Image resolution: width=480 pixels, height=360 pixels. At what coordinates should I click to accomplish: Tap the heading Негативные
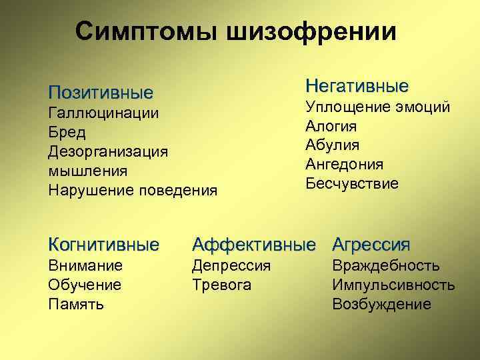click(x=357, y=87)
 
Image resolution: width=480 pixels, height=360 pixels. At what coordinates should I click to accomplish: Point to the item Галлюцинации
click(x=103, y=113)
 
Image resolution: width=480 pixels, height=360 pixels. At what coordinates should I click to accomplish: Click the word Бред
click(x=65, y=132)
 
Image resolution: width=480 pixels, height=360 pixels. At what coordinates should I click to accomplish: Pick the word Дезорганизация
click(x=108, y=151)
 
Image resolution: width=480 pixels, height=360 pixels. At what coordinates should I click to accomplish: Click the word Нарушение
click(x=91, y=190)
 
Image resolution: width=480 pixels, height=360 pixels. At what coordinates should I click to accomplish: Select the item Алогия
click(x=331, y=126)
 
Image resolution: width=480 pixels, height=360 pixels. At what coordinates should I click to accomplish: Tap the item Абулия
click(x=332, y=145)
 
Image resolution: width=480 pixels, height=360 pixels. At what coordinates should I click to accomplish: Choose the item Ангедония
click(x=344, y=164)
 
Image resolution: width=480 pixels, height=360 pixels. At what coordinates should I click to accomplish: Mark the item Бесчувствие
click(x=352, y=183)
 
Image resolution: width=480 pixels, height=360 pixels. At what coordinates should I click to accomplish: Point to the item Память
click(x=75, y=305)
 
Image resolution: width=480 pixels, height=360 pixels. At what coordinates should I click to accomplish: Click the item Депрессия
click(x=231, y=266)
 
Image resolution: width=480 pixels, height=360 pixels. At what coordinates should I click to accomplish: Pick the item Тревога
click(x=221, y=285)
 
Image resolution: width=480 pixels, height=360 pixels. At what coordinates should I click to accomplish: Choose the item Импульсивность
click(x=393, y=285)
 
